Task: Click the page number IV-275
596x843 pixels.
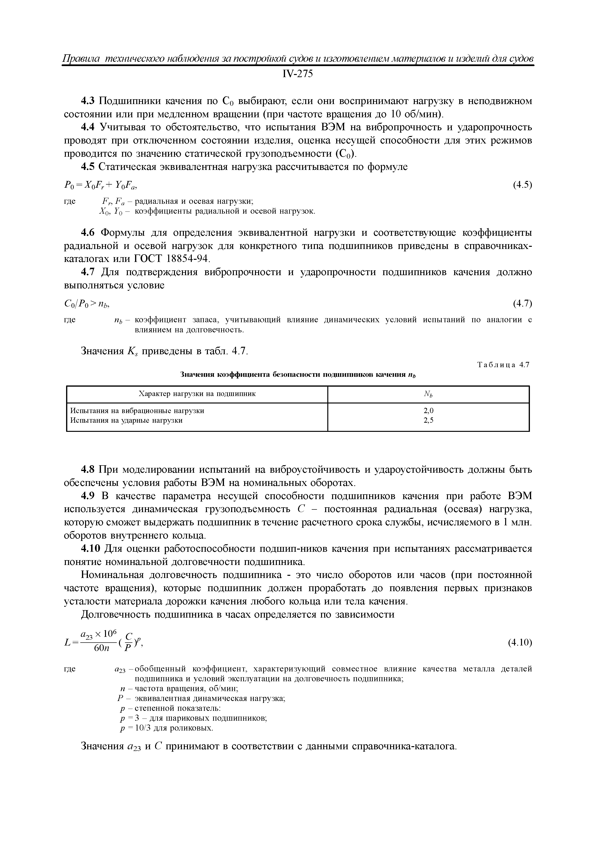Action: [298, 74]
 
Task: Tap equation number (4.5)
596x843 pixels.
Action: [522, 185]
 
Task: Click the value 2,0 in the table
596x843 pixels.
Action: [428, 411]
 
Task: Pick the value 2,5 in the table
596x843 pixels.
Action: [428, 420]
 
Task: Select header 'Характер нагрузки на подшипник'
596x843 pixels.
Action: [197, 394]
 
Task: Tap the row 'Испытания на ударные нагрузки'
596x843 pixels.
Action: [126, 420]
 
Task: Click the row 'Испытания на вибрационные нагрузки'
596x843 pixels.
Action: [137, 411]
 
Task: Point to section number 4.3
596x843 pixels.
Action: [88, 101]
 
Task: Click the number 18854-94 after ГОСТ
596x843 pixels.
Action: [188, 259]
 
